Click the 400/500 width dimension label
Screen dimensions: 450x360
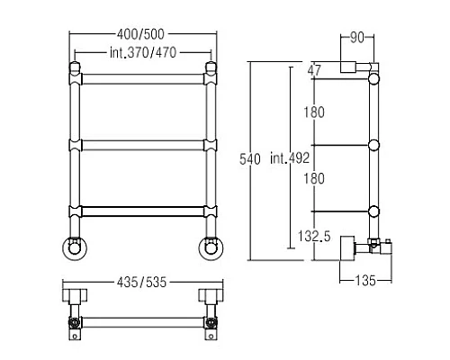click(x=140, y=34)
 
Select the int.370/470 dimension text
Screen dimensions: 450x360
click(x=143, y=53)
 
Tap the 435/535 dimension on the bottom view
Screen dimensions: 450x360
click(x=141, y=283)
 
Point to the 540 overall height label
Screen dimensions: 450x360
click(x=250, y=159)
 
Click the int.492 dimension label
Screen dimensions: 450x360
click(x=290, y=158)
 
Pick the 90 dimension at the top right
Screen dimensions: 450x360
click(x=357, y=38)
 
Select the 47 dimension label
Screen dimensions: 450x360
click(x=314, y=70)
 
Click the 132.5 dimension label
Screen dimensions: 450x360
click(x=314, y=236)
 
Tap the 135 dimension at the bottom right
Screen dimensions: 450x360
click(x=365, y=281)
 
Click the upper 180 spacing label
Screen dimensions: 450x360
click(x=314, y=112)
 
